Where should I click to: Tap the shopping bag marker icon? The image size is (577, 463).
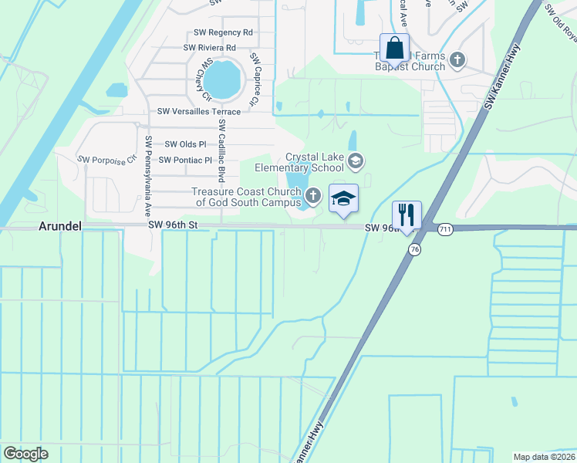[394, 49]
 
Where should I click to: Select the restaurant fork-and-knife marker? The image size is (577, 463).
[407, 213]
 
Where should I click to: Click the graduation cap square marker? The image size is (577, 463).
[344, 198]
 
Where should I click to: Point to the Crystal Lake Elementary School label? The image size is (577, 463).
[315, 162]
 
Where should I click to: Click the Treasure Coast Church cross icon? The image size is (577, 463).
[312, 195]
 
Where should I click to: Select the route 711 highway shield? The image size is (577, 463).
[444, 230]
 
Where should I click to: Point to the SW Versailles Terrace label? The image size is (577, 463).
[199, 112]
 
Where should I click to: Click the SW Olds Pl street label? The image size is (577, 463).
[186, 144]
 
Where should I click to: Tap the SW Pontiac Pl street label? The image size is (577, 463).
[184, 161]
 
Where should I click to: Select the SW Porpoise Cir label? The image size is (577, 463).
[106, 159]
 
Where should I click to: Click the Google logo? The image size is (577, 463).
[25, 455]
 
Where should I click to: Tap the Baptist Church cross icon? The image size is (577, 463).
[457, 59]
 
